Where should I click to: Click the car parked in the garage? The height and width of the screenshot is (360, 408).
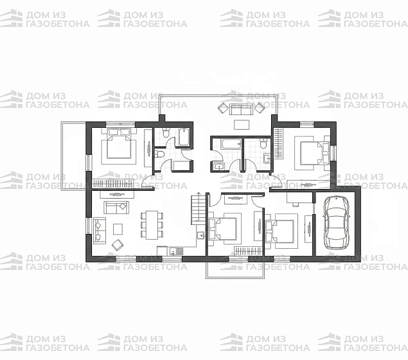tap(336, 222)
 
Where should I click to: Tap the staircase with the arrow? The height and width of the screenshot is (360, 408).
tap(199, 210)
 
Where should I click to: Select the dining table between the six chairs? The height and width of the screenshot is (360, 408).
tap(152, 225)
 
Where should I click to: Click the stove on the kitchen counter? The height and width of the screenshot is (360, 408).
tap(179, 251)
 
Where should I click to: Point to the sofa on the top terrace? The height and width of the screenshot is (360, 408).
tap(241, 109)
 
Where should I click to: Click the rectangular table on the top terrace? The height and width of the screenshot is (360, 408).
tap(242, 125)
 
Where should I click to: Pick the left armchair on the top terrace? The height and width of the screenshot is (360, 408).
tap(223, 108)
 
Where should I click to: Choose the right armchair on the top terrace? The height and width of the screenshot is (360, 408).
tap(260, 108)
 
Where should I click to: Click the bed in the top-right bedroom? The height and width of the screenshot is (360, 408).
tap(314, 153)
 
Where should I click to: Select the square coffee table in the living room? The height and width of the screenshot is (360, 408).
tap(118, 230)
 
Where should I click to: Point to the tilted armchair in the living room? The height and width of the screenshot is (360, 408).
tap(118, 245)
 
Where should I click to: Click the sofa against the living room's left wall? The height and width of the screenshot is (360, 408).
tap(100, 231)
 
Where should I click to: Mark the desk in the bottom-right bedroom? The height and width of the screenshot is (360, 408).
tap(299, 197)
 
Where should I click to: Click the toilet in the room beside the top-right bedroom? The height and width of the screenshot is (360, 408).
tap(263, 143)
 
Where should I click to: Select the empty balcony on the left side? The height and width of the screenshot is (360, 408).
tap(73, 156)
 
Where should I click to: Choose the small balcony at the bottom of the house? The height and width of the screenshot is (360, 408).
tap(235, 270)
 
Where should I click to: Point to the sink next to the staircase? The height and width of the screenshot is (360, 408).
tap(201, 235)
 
